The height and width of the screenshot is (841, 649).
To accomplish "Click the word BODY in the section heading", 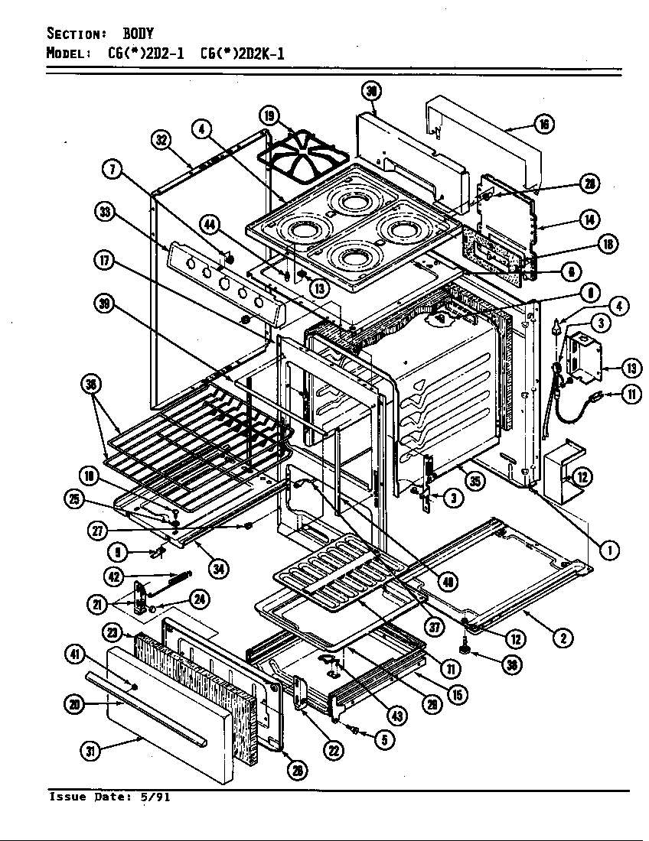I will tap(139, 34).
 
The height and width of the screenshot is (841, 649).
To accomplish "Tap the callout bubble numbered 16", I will tap(543, 125).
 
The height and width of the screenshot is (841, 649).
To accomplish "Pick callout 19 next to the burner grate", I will tap(269, 116).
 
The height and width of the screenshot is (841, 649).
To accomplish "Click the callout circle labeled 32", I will tap(161, 140).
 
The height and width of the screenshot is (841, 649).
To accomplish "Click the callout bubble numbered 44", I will tap(210, 223).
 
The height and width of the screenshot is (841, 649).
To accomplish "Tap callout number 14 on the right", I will tap(589, 219).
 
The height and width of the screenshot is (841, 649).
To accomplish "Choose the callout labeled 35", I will tap(475, 482).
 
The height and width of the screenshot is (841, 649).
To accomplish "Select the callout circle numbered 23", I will tap(113, 632).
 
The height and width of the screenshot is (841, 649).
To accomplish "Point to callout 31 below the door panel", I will tap(90, 751).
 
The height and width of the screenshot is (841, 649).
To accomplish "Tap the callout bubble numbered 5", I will tap(383, 738).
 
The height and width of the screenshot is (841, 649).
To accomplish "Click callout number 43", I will tap(396, 716).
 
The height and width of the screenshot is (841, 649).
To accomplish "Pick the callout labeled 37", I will tap(435, 627).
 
